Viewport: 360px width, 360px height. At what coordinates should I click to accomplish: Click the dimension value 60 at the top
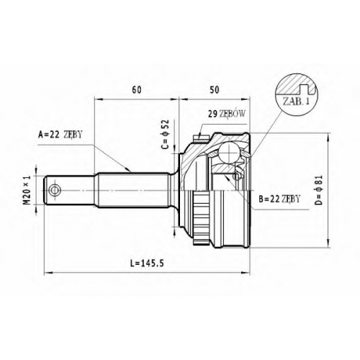pyautogui.click(x=137, y=90)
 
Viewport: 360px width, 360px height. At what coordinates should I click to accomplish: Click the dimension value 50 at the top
pyautogui.click(x=215, y=90)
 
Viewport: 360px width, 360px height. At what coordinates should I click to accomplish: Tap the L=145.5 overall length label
pyautogui.click(x=147, y=264)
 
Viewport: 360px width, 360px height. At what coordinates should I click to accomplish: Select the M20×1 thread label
pyautogui.click(x=27, y=190)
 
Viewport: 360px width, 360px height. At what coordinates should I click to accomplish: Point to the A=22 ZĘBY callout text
pyautogui.click(x=60, y=135)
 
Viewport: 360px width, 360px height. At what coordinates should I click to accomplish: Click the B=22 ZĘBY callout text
pyautogui.click(x=279, y=199)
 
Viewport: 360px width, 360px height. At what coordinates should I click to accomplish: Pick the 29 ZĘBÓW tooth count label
pyautogui.click(x=227, y=114)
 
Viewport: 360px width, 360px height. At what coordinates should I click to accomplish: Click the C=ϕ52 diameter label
pyautogui.click(x=165, y=135)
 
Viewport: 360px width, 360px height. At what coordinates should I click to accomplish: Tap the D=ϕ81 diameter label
pyautogui.click(x=319, y=190)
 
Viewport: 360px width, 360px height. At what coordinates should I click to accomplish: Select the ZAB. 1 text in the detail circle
pyautogui.click(x=296, y=102)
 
